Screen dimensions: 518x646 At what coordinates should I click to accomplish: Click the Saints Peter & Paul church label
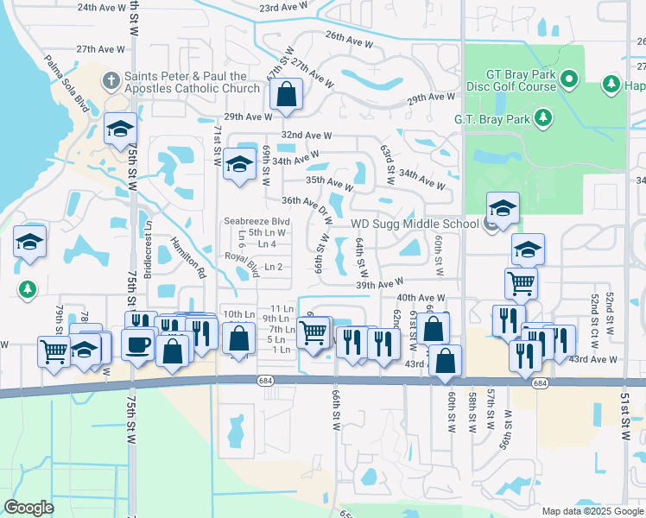click(192, 82)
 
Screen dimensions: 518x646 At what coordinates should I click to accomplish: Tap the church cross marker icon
click(110, 82)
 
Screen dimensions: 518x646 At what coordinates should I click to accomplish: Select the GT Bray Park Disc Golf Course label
click(511, 80)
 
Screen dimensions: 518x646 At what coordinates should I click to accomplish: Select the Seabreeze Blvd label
click(256, 221)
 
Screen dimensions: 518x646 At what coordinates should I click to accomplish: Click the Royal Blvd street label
click(242, 263)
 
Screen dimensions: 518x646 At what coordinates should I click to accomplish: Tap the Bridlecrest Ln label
click(149, 237)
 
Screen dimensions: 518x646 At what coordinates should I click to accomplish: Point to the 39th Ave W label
click(379, 283)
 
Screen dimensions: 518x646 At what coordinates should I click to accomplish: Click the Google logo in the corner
click(28, 508)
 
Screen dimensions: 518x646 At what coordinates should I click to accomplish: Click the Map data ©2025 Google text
click(592, 510)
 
